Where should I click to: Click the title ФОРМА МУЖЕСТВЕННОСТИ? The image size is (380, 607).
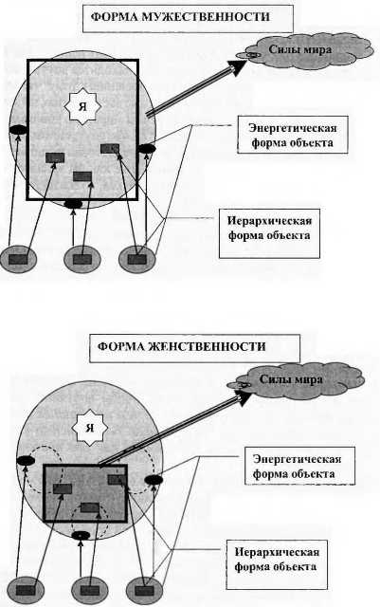(x=180, y=17)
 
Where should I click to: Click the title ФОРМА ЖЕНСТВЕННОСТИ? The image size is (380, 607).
(x=182, y=346)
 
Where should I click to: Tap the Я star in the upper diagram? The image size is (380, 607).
(x=82, y=107)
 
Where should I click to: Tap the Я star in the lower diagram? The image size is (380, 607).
(x=90, y=429)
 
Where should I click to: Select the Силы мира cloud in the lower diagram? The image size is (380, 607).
(x=297, y=379)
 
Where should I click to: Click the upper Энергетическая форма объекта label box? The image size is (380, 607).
(x=293, y=135)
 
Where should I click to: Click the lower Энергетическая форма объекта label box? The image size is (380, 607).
(x=299, y=466)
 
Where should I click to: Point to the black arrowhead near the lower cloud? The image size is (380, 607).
(x=243, y=398)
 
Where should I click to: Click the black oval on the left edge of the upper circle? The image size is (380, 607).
(x=18, y=130)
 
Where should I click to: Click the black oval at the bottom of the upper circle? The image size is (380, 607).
(x=73, y=204)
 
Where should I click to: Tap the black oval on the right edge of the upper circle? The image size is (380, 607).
(x=147, y=149)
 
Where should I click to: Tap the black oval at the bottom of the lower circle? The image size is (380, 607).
(x=81, y=535)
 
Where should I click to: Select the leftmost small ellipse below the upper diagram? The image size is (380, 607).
(x=19, y=259)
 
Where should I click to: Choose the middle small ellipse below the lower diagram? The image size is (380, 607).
(x=90, y=591)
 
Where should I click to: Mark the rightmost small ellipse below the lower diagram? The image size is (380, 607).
(x=144, y=591)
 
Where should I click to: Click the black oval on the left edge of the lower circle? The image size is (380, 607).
(x=26, y=461)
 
